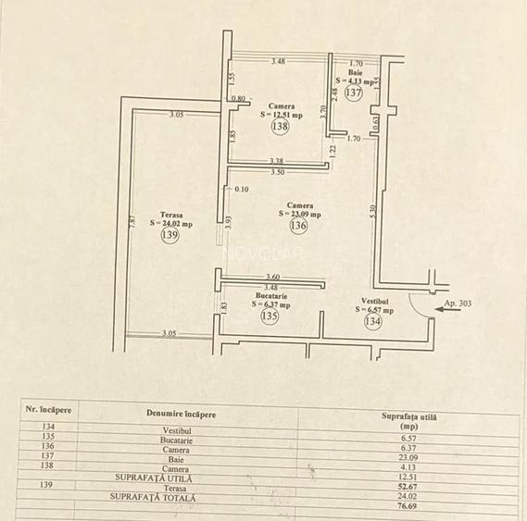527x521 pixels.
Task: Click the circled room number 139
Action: click(x=169, y=236)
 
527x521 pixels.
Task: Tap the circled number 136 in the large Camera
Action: click(x=298, y=226)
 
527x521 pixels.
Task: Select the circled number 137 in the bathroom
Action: click(x=353, y=93)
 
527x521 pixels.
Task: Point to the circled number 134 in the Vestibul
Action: click(x=373, y=322)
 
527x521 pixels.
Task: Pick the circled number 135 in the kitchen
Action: click(x=270, y=316)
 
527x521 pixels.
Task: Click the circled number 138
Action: click(x=281, y=128)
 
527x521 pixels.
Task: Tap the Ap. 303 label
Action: click(x=458, y=304)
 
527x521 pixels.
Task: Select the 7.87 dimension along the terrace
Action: click(x=133, y=222)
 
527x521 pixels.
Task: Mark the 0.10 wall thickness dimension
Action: click(x=242, y=190)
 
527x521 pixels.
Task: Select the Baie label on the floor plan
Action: click(x=356, y=72)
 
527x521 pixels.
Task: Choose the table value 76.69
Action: click(x=406, y=506)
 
